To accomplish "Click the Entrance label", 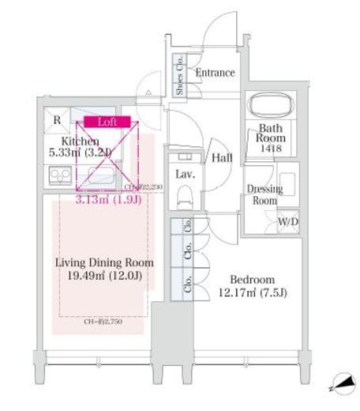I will click(x=216, y=73).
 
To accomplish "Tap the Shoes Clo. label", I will click(x=181, y=77).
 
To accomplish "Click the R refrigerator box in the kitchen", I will click(x=57, y=121).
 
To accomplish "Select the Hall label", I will click(x=222, y=158).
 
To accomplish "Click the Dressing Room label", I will click(x=261, y=194).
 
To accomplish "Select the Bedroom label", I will click(x=253, y=280).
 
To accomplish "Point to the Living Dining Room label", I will click(x=104, y=262).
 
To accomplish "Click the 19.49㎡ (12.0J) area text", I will click(x=104, y=276).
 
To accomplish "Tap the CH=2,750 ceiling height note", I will click(x=103, y=322).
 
